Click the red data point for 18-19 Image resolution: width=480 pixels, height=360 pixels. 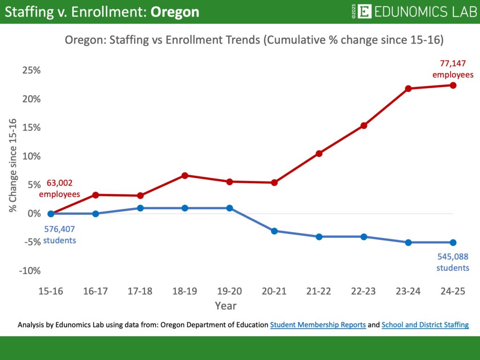185,175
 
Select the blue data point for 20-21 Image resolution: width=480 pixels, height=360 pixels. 274,231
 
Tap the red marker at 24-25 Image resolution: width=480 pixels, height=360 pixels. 453,85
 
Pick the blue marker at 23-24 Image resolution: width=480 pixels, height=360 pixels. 408,242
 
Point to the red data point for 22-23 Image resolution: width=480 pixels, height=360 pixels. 364,126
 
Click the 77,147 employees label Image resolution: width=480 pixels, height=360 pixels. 452,68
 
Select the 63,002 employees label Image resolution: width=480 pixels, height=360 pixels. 59,188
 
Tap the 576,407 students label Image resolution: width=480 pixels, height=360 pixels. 60,235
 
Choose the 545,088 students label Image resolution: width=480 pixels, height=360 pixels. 452,262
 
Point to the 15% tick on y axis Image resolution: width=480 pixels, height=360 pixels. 31,127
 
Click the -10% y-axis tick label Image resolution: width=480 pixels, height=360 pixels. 30,271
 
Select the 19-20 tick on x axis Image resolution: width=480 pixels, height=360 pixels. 229,291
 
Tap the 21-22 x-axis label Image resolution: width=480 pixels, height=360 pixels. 319,291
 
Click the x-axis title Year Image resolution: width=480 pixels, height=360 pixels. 225,306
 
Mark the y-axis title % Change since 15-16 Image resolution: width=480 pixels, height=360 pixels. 13,165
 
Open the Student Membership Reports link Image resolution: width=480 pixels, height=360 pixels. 318,324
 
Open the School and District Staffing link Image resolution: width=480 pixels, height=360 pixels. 425,324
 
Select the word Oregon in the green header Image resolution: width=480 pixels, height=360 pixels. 174,12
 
